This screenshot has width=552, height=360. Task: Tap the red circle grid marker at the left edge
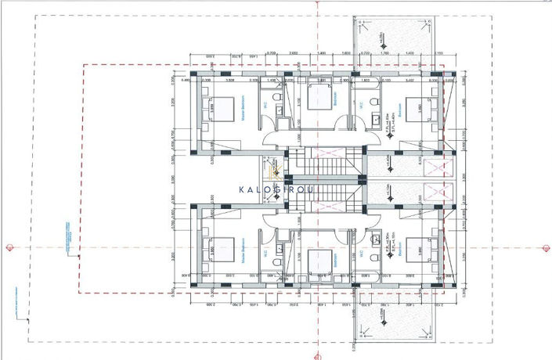coord(9,247)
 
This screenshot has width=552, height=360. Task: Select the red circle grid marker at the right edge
coord(542,247)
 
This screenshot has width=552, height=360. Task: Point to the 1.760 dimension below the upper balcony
coord(386,52)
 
